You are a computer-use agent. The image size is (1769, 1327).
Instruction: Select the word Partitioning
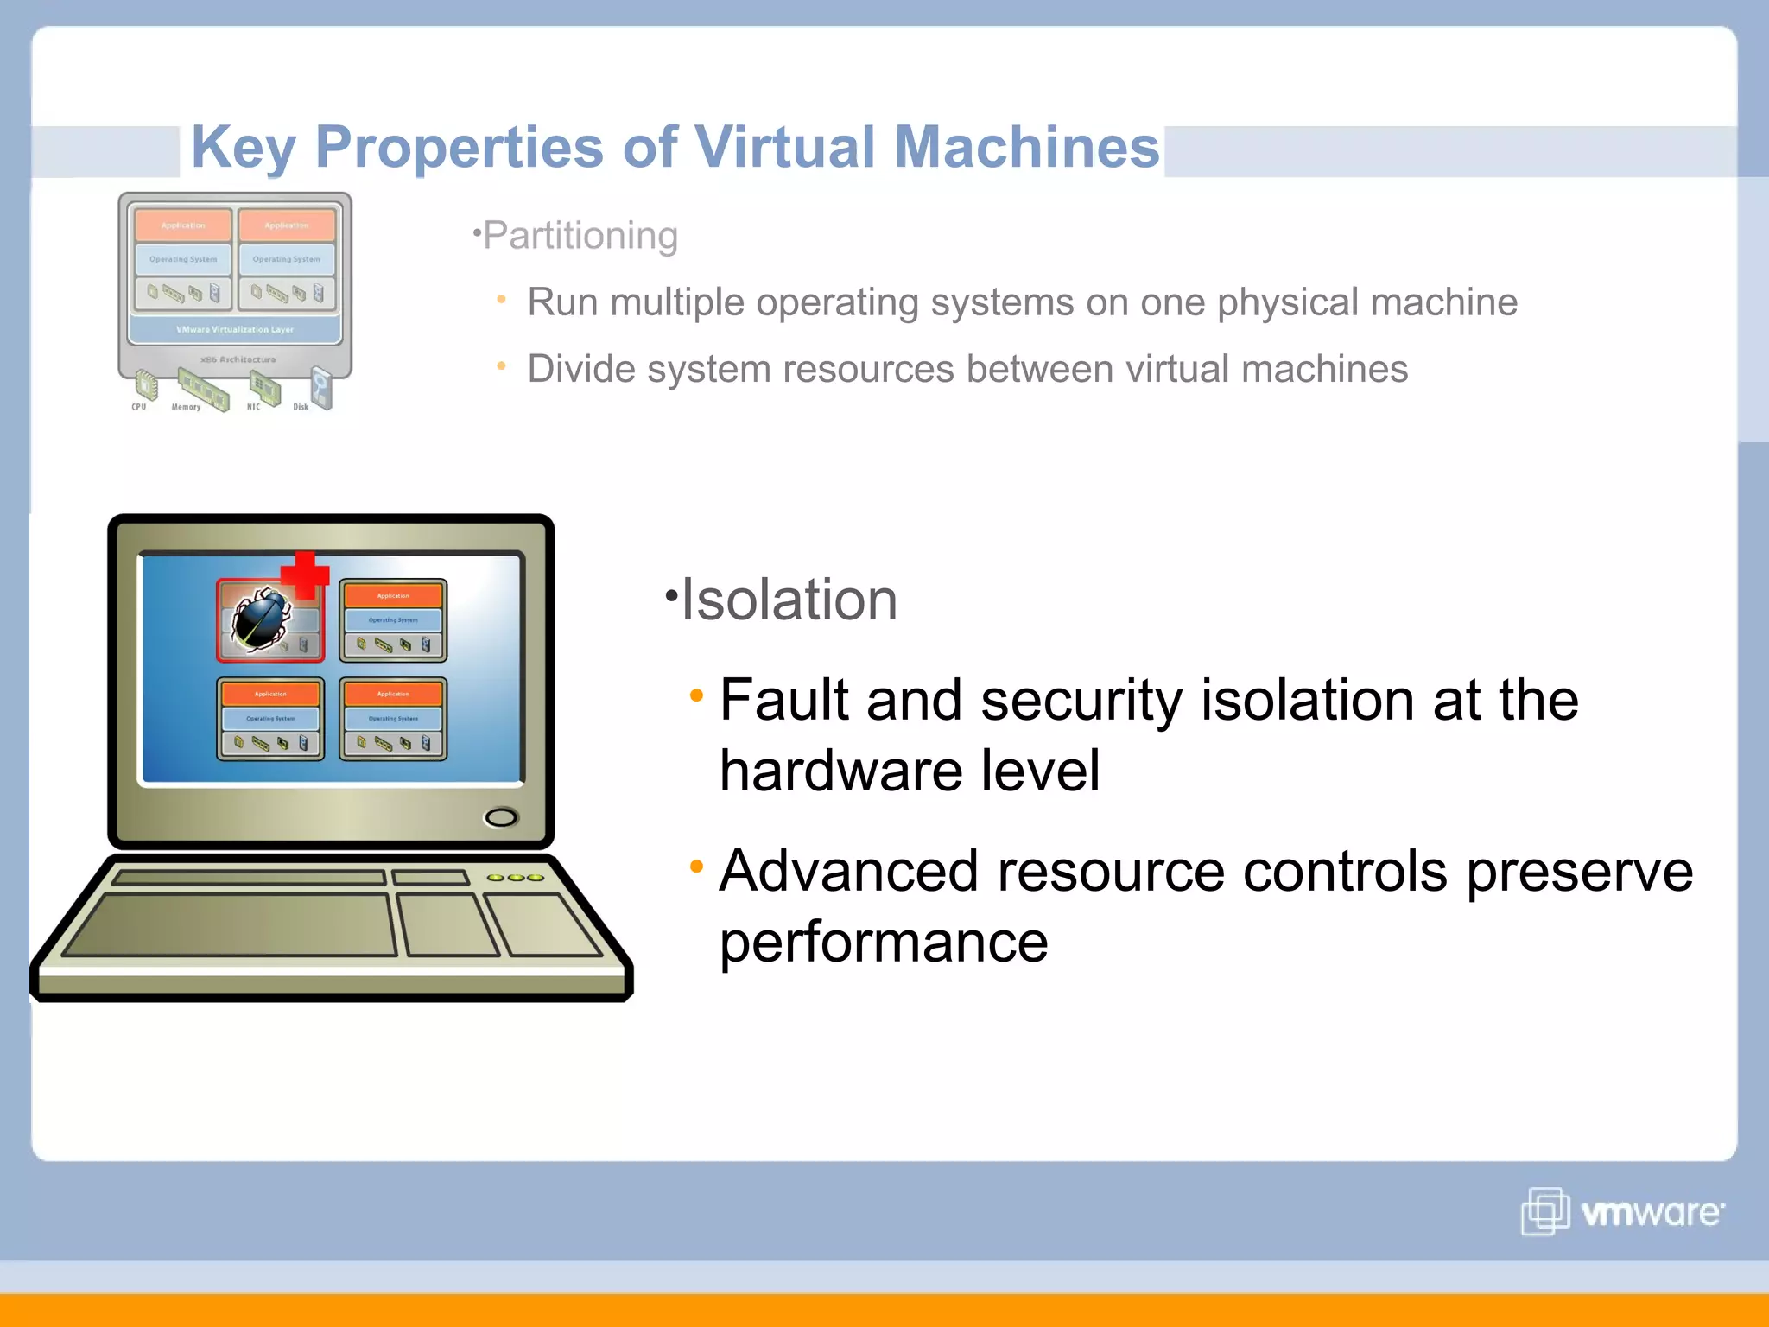click(x=580, y=235)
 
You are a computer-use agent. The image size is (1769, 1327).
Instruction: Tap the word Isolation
click(x=789, y=600)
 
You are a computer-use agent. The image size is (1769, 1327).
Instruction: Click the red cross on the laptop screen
click(x=305, y=575)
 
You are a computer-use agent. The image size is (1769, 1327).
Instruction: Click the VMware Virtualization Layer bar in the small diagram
click(x=235, y=329)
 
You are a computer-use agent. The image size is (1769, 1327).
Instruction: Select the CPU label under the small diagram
click(x=139, y=406)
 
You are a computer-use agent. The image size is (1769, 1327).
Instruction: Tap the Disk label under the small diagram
click(x=300, y=407)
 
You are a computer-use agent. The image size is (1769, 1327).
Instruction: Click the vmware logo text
click(x=1651, y=1212)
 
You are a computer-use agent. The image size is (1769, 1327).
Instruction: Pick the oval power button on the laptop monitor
click(x=501, y=817)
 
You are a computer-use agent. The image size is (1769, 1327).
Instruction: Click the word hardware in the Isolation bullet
click(x=840, y=770)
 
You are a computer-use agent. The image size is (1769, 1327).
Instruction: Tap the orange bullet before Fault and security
click(x=696, y=695)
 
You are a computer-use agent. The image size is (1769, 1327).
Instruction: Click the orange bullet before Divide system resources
click(x=501, y=366)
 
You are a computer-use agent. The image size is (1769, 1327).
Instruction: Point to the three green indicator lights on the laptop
click(x=515, y=878)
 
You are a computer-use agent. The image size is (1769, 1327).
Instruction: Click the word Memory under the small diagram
click(x=186, y=407)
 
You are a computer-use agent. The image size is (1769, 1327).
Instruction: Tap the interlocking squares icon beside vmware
click(x=1544, y=1211)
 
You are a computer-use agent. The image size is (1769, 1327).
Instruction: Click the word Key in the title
click(x=243, y=147)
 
